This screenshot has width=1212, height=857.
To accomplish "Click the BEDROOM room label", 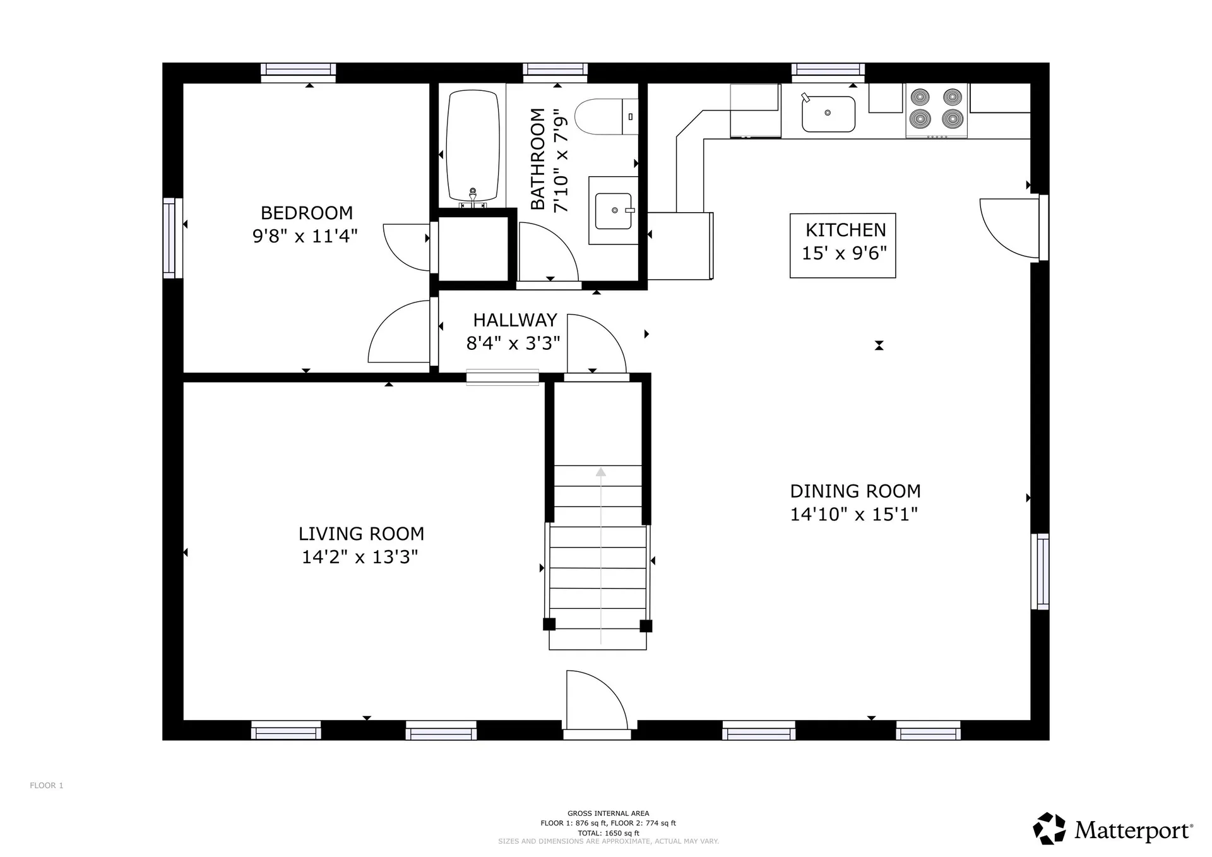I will [306, 213].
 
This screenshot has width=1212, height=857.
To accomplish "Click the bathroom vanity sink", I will [613, 211].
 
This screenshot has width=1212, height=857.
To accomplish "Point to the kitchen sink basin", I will [828, 114].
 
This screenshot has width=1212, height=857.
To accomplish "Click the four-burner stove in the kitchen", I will [936, 109].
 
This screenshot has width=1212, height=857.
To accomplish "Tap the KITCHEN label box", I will [843, 245].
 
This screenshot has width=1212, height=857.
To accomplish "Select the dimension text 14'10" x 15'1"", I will [853, 514].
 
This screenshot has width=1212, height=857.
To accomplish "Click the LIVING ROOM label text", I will [361, 534].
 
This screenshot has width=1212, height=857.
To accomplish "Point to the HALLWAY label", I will [515, 320].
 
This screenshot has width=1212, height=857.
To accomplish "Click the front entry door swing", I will [593, 701].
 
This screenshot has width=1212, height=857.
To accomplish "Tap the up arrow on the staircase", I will [601, 472].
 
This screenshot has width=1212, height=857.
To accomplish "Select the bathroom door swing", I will [546, 253].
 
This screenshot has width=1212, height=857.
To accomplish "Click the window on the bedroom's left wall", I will [169, 238].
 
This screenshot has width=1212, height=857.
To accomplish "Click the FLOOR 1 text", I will [47, 786].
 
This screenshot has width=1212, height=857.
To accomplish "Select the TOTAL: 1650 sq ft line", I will [608, 833].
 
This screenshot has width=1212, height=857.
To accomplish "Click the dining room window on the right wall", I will [1040, 572].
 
